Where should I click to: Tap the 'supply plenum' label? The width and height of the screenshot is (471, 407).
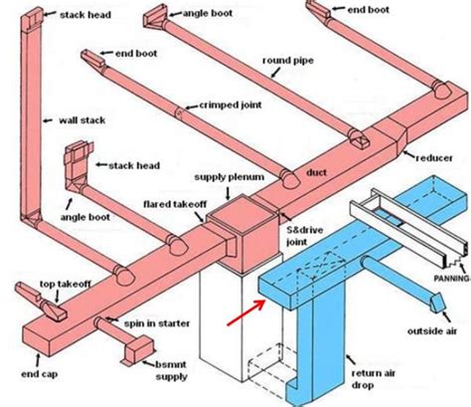pyautogui.click(x=230, y=177)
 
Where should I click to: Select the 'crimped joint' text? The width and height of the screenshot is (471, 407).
pyautogui.click(x=231, y=105)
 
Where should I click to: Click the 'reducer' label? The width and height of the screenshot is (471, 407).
pyautogui.click(x=434, y=157)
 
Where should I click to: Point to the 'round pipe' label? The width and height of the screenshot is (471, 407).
pyautogui.click(x=288, y=61)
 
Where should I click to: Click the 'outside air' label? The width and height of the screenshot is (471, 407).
pyautogui.click(x=432, y=330)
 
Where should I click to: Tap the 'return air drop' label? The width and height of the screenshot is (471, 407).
pyautogui.click(x=374, y=379)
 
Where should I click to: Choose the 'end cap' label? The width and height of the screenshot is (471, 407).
pyautogui.click(x=39, y=374)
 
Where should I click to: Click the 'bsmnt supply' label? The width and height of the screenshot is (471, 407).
pyautogui.click(x=171, y=370)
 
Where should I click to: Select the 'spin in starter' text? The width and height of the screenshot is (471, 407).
pyautogui.click(x=157, y=323)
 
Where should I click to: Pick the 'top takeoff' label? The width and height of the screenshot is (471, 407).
pyautogui.click(x=65, y=284)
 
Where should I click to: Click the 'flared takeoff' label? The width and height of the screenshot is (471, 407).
pyautogui.click(x=175, y=204)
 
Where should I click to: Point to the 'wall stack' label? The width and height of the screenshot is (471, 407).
pyautogui.click(x=81, y=120)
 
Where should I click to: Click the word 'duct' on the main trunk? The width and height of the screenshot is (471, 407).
pyautogui.click(x=316, y=172)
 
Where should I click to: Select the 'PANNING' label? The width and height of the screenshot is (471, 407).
pyautogui.click(x=452, y=279)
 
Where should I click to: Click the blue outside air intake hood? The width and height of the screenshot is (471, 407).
pyautogui.click(x=438, y=302)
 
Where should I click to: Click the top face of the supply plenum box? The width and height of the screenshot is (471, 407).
pyautogui.click(x=242, y=213)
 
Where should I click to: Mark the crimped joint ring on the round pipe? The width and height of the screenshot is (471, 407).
pyautogui.click(x=179, y=112)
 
